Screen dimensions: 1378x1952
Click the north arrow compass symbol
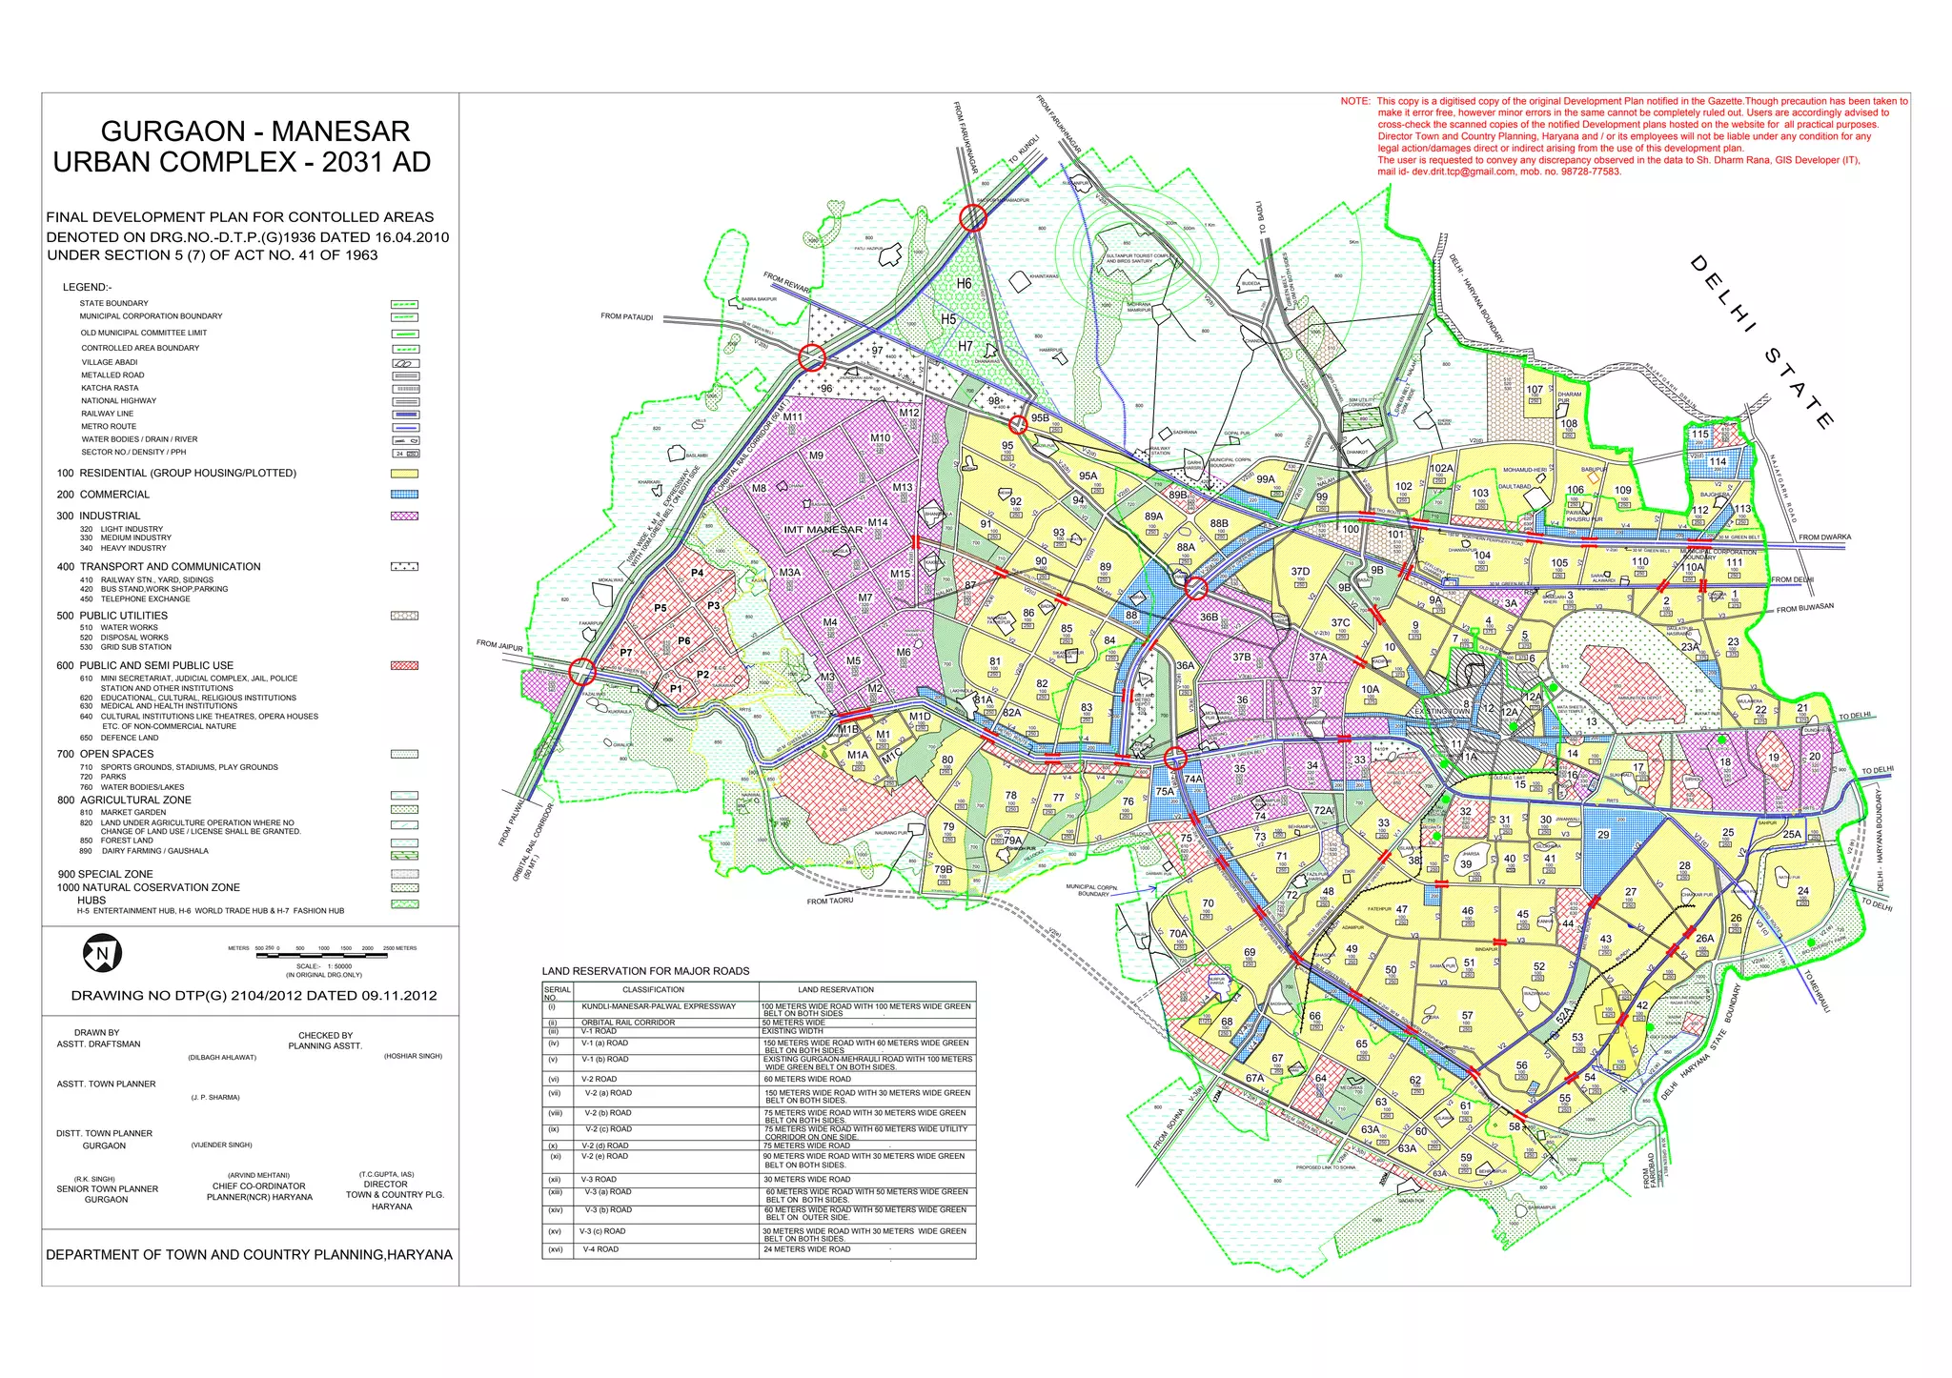(x=102, y=952)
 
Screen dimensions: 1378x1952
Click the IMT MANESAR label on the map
(x=823, y=530)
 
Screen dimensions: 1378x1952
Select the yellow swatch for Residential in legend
(x=404, y=474)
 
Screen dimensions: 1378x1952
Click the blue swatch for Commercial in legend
(x=404, y=495)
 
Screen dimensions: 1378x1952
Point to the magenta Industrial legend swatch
(x=404, y=516)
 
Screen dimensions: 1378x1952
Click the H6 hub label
(x=964, y=284)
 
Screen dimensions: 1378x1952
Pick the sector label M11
(x=793, y=417)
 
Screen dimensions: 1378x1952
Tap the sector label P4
(x=698, y=573)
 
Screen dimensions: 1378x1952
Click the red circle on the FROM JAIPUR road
(x=581, y=672)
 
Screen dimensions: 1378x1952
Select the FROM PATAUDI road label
(x=626, y=316)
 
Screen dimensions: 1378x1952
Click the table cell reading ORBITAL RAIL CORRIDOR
(x=628, y=1023)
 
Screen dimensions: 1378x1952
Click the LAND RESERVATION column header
(x=835, y=989)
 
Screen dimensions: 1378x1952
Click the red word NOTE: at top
(x=1355, y=101)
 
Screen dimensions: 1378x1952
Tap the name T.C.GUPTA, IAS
(x=385, y=1174)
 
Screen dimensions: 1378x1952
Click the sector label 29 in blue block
(x=1603, y=835)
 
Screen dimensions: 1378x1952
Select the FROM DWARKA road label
(x=1824, y=537)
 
